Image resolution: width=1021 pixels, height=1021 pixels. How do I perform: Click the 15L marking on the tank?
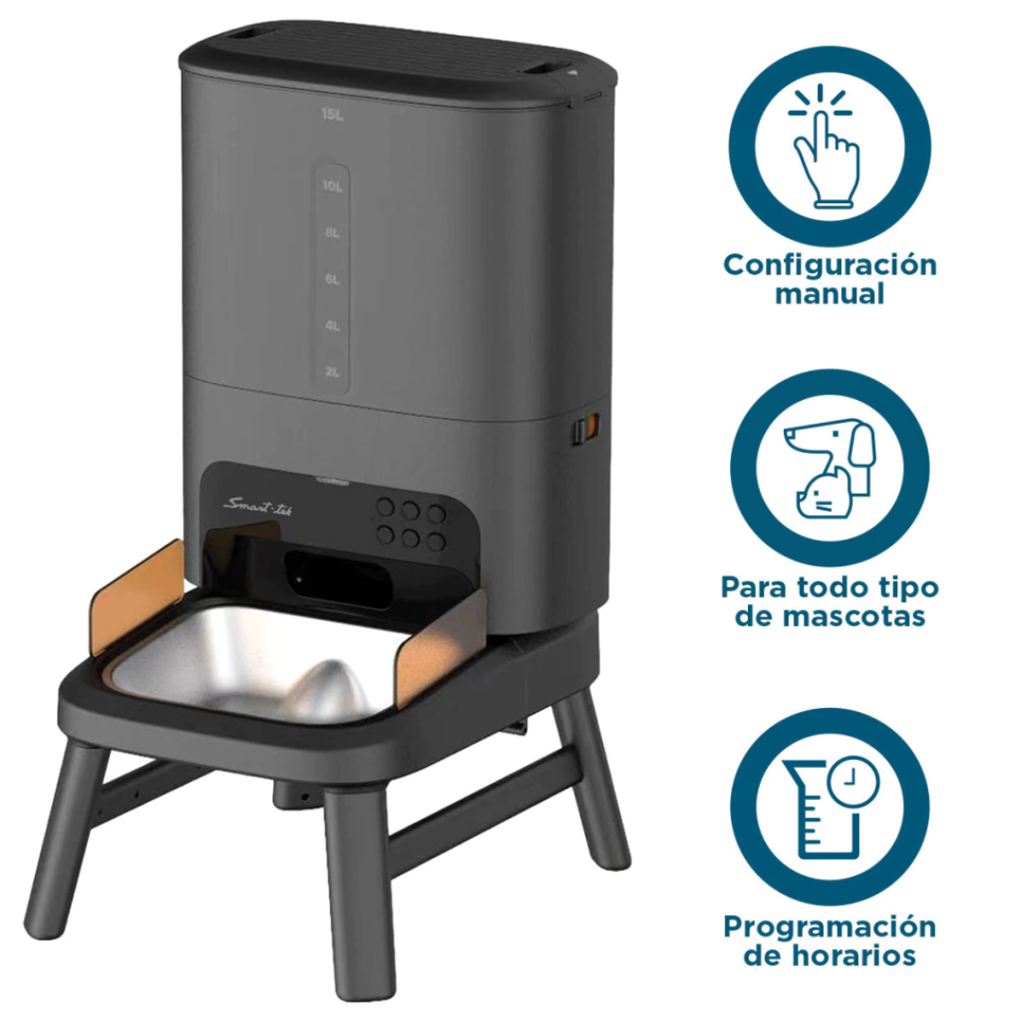click(x=331, y=114)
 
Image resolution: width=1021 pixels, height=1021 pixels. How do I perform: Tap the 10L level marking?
click(x=332, y=186)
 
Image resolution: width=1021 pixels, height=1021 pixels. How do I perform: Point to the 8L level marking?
click(x=332, y=233)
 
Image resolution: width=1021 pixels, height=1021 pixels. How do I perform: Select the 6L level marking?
click(x=332, y=279)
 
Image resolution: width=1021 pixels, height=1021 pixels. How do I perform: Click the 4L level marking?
click(x=332, y=325)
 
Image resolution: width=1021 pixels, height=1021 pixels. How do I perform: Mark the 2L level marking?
click(x=332, y=372)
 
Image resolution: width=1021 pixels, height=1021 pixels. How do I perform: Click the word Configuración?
click(x=830, y=265)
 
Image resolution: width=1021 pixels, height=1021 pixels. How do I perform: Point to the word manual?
click(x=830, y=294)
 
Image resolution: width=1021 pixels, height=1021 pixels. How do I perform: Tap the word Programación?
click(x=830, y=926)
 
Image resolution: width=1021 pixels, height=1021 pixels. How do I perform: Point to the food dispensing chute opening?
click(x=336, y=578)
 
